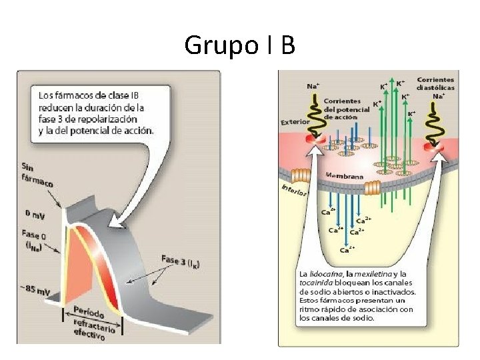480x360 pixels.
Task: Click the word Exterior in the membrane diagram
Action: (295, 122)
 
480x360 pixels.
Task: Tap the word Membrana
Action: (344, 175)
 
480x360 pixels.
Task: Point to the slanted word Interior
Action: (293, 189)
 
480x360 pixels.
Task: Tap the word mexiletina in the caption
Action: (374, 274)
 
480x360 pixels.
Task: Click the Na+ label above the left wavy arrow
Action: (312, 85)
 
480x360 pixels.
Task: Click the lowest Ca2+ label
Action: (347, 251)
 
